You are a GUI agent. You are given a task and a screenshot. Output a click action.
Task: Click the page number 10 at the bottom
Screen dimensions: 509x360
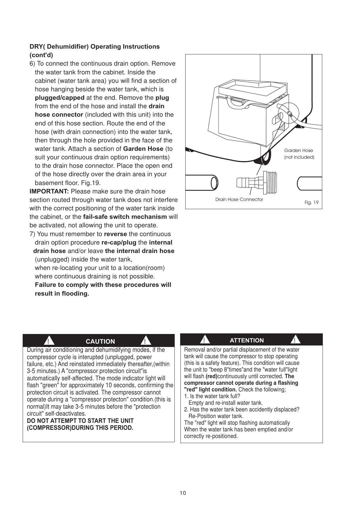click(183, 493)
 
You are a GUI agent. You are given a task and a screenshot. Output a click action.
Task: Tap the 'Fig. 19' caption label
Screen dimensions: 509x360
click(311, 203)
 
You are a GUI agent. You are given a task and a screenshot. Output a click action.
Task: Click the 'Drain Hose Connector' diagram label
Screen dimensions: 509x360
click(239, 199)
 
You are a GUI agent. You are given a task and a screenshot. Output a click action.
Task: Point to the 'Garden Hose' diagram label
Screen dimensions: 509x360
click(299, 151)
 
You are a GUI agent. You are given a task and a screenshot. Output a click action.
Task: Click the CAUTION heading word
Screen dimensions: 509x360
click(100, 342)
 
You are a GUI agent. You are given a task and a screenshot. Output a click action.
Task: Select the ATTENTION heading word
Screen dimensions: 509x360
click(247, 340)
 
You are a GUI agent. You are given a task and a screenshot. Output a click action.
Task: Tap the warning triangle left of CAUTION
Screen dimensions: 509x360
click(48, 341)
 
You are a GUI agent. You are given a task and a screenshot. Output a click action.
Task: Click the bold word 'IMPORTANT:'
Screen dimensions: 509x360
click(49, 192)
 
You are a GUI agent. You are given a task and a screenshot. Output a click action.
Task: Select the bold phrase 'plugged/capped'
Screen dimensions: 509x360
click(60, 98)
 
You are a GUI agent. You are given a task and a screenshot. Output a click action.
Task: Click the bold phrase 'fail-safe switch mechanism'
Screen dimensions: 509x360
click(125, 217)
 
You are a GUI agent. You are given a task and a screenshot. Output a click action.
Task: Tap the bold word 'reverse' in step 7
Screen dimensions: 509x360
click(115, 234)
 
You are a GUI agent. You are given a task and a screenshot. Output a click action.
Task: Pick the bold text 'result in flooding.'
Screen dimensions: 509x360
click(62, 294)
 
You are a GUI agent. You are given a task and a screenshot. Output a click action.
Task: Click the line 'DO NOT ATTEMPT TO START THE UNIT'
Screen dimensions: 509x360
click(80, 421)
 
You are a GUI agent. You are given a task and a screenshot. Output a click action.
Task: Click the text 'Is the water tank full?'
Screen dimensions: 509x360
click(215, 396)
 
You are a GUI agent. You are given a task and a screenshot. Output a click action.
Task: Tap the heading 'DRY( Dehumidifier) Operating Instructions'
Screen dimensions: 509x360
click(95, 47)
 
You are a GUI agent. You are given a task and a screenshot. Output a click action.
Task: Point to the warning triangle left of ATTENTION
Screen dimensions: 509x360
click(205, 340)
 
